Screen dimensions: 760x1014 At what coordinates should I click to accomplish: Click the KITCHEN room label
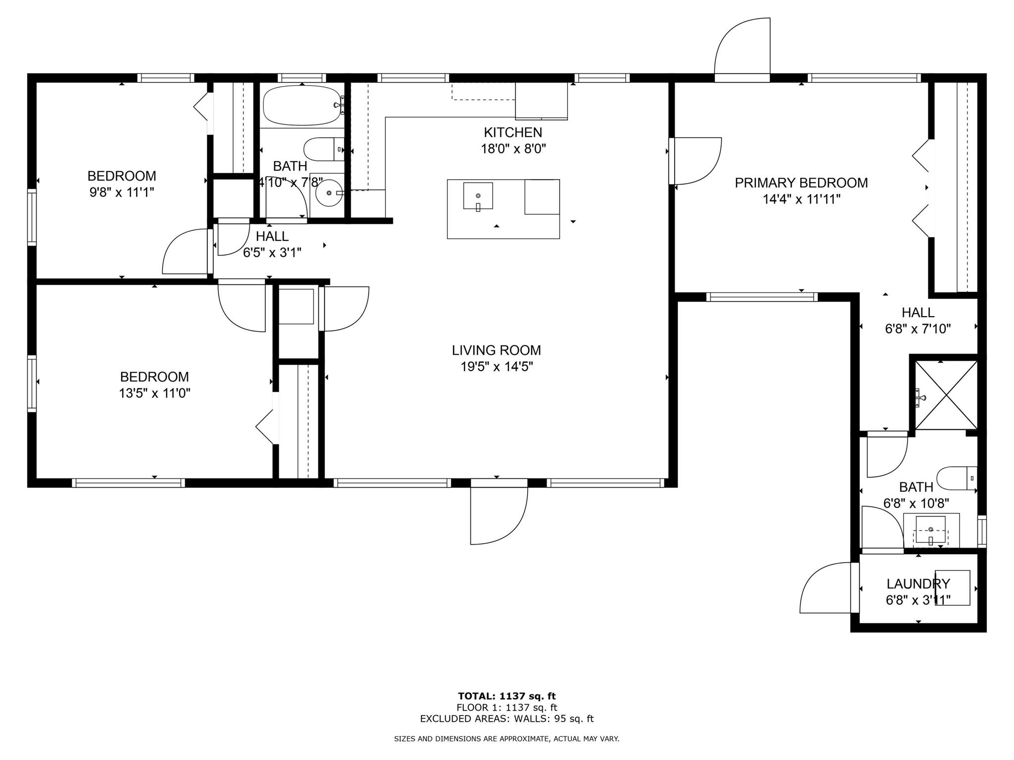(x=513, y=133)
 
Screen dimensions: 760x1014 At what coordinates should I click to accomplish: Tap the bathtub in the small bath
(x=302, y=105)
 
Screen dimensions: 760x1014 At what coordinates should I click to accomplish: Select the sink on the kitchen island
(x=478, y=196)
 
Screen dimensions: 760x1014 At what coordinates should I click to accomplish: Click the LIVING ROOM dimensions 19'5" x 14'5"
(x=496, y=367)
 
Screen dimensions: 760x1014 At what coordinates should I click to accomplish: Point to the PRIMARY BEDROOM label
(x=801, y=183)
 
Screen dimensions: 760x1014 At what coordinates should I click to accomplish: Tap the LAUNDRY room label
(x=918, y=584)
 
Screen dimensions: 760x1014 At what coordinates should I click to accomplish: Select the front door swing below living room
(x=498, y=515)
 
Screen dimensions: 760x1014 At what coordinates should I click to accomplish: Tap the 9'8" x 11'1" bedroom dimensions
(x=122, y=192)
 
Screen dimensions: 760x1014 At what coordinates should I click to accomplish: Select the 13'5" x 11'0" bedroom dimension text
(x=154, y=393)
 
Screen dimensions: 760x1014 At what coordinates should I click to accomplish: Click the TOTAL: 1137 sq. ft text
(x=507, y=696)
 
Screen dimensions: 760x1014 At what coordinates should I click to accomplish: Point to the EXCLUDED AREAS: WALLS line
(x=507, y=719)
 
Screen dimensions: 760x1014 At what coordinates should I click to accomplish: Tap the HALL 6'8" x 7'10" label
(x=918, y=313)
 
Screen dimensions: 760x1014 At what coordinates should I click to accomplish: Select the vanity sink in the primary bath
(x=930, y=530)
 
